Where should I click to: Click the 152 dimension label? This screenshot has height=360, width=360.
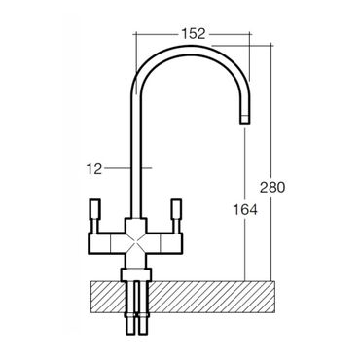coord(193,33)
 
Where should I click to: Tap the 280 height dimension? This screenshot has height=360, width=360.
coord(272,187)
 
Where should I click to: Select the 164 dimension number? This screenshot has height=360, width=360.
coord(245,210)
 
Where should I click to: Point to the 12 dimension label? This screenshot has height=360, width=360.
coord(94,169)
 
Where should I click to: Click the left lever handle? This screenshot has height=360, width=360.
coord(94,216)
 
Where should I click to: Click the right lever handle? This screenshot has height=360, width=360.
coord(176,216)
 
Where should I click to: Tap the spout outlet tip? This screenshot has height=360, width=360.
coord(245,119)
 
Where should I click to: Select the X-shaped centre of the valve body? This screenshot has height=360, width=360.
coord(135,243)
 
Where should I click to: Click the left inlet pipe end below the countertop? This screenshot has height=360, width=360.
coord(130,324)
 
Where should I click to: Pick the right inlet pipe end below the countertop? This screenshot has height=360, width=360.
coord(142,324)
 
